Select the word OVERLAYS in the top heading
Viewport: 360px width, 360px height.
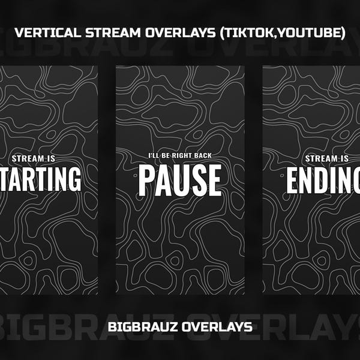point(172,34)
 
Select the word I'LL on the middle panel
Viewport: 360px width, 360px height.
point(155,157)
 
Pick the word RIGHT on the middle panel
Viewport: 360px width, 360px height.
point(187,157)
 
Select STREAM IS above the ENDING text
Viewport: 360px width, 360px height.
point(327,158)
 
